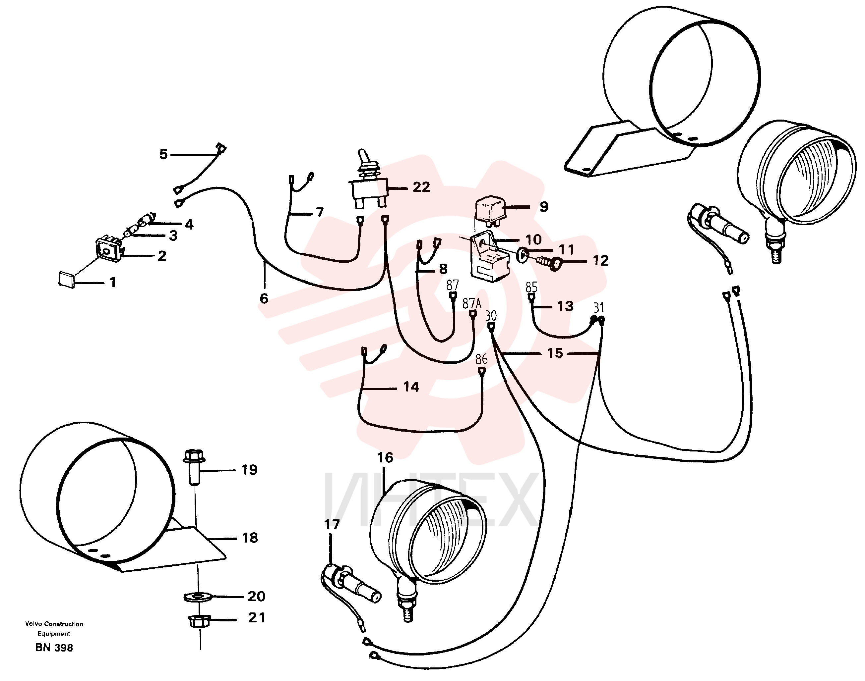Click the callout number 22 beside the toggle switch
coord(421,187)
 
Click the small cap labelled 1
coord(66,279)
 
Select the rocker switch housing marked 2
coord(108,249)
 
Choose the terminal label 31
coord(598,308)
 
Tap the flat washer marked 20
coord(198,597)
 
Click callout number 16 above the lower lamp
coord(385,457)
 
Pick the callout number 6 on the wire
coord(264,298)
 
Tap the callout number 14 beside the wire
coord(411,387)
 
